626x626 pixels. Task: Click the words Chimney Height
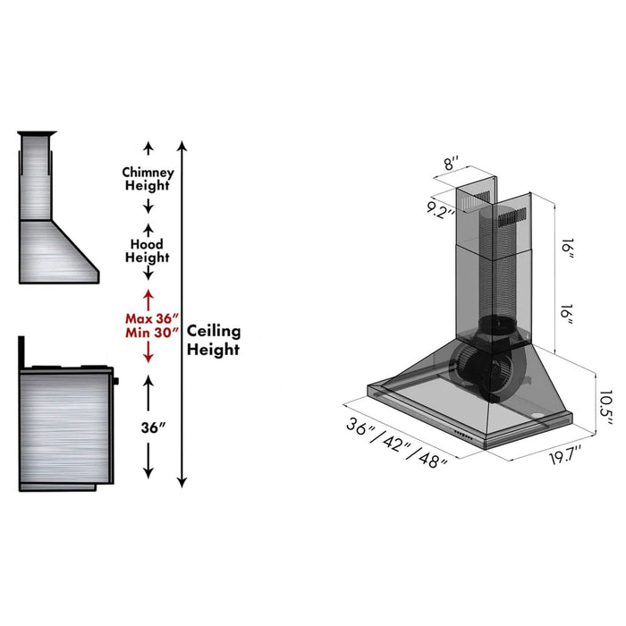[148, 179]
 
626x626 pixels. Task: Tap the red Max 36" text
[153, 318]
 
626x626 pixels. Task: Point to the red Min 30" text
[153, 334]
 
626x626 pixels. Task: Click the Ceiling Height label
[213, 340]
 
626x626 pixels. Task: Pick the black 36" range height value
[153, 427]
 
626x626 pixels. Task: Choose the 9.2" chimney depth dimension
[441, 212]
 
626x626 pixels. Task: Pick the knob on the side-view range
[115, 382]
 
